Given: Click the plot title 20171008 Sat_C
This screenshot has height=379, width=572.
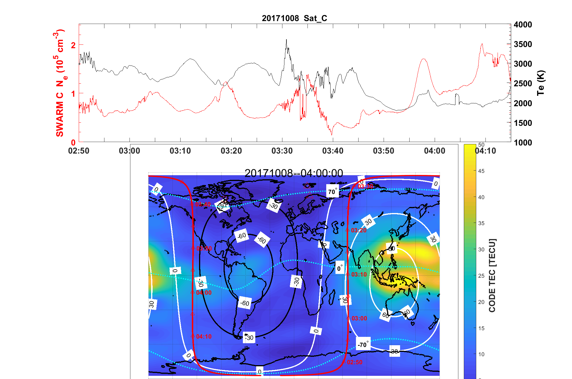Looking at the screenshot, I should pos(294,18).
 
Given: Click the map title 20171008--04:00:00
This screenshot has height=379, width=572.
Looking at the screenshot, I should pos(294,173).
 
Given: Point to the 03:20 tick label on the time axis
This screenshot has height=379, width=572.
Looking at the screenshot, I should pos(231,151).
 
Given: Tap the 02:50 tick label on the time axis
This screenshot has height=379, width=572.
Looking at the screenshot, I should pos(79,151).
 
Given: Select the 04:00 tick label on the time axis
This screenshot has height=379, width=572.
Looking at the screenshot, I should pos(434,151).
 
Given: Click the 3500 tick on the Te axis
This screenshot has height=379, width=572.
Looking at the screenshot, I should pos(523,44).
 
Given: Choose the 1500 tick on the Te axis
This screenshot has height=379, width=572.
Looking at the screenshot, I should pos(523,123).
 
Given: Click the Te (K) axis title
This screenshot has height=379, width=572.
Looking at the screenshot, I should pos(541,83).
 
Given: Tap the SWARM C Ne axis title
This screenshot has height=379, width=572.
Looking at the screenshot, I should pos(60,83).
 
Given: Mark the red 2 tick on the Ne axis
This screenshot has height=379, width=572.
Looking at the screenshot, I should pos(73,45).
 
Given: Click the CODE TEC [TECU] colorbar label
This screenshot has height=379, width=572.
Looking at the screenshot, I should pos(492,275).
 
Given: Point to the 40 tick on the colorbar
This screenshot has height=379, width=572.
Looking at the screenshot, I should pos(481,197).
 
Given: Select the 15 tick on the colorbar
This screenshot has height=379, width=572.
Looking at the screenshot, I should pos(481,328).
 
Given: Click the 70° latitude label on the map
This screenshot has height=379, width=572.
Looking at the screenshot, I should pos(332,191).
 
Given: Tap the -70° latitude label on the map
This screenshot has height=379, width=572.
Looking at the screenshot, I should pos(363,344).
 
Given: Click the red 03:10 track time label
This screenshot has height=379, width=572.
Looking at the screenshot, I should pos(359,275).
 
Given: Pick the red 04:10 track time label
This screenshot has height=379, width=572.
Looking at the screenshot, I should pos(204,337).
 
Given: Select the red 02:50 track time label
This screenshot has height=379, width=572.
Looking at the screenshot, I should pos(355,362).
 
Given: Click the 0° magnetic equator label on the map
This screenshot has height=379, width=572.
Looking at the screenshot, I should pos(340,268).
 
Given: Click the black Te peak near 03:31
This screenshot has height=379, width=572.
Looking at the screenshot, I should pos(286,40).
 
